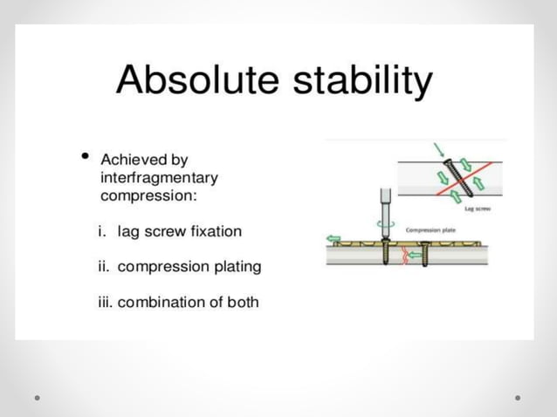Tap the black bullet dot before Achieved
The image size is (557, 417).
(85, 157)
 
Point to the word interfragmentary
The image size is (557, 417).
(160, 178)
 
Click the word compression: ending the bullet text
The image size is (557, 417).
(149, 195)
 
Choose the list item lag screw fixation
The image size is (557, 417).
(180, 232)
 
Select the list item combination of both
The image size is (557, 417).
(188, 303)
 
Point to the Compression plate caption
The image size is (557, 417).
(430, 230)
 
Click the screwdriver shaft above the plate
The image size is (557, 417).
(384, 205)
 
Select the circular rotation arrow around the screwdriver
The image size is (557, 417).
(384, 223)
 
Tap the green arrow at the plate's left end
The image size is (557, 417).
(333, 237)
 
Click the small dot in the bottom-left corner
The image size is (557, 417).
(38, 397)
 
